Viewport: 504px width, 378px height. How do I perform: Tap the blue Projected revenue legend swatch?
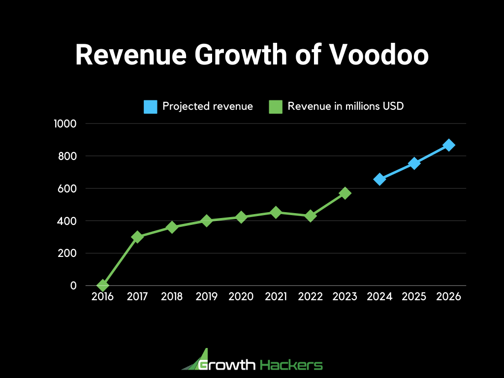click(x=151, y=106)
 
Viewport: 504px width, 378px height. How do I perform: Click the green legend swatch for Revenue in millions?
click(x=276, y=106)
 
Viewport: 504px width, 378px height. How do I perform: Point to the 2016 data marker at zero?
click(x=103, y=285)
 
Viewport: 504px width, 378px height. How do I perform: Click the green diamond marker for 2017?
click(x=137, y=237)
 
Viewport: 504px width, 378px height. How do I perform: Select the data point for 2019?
click(x=207, y=220)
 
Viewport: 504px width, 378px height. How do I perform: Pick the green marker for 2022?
click(x=311, y=216)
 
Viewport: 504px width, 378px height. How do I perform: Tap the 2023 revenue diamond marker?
click(x=345, y=193)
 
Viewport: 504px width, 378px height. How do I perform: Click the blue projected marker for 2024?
click(x=379, y=179)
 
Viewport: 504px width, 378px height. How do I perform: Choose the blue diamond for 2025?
click(x=414, y=163)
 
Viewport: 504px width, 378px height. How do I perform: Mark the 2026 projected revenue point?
click(x=449, y=145)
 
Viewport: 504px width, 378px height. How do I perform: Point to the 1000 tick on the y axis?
click(x=65, y=124)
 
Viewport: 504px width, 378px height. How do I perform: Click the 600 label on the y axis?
click(x=67, y=189)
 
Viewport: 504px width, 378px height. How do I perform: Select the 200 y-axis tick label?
click(x=67, y=253)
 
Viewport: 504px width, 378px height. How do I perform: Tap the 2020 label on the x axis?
click(x=241, y=297)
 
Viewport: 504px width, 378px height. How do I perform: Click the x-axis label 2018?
click(x=172, y=297)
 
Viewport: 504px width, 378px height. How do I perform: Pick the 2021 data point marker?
click(x=276, y=212)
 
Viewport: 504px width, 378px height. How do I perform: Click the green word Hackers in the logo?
click(x=291, y=365)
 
